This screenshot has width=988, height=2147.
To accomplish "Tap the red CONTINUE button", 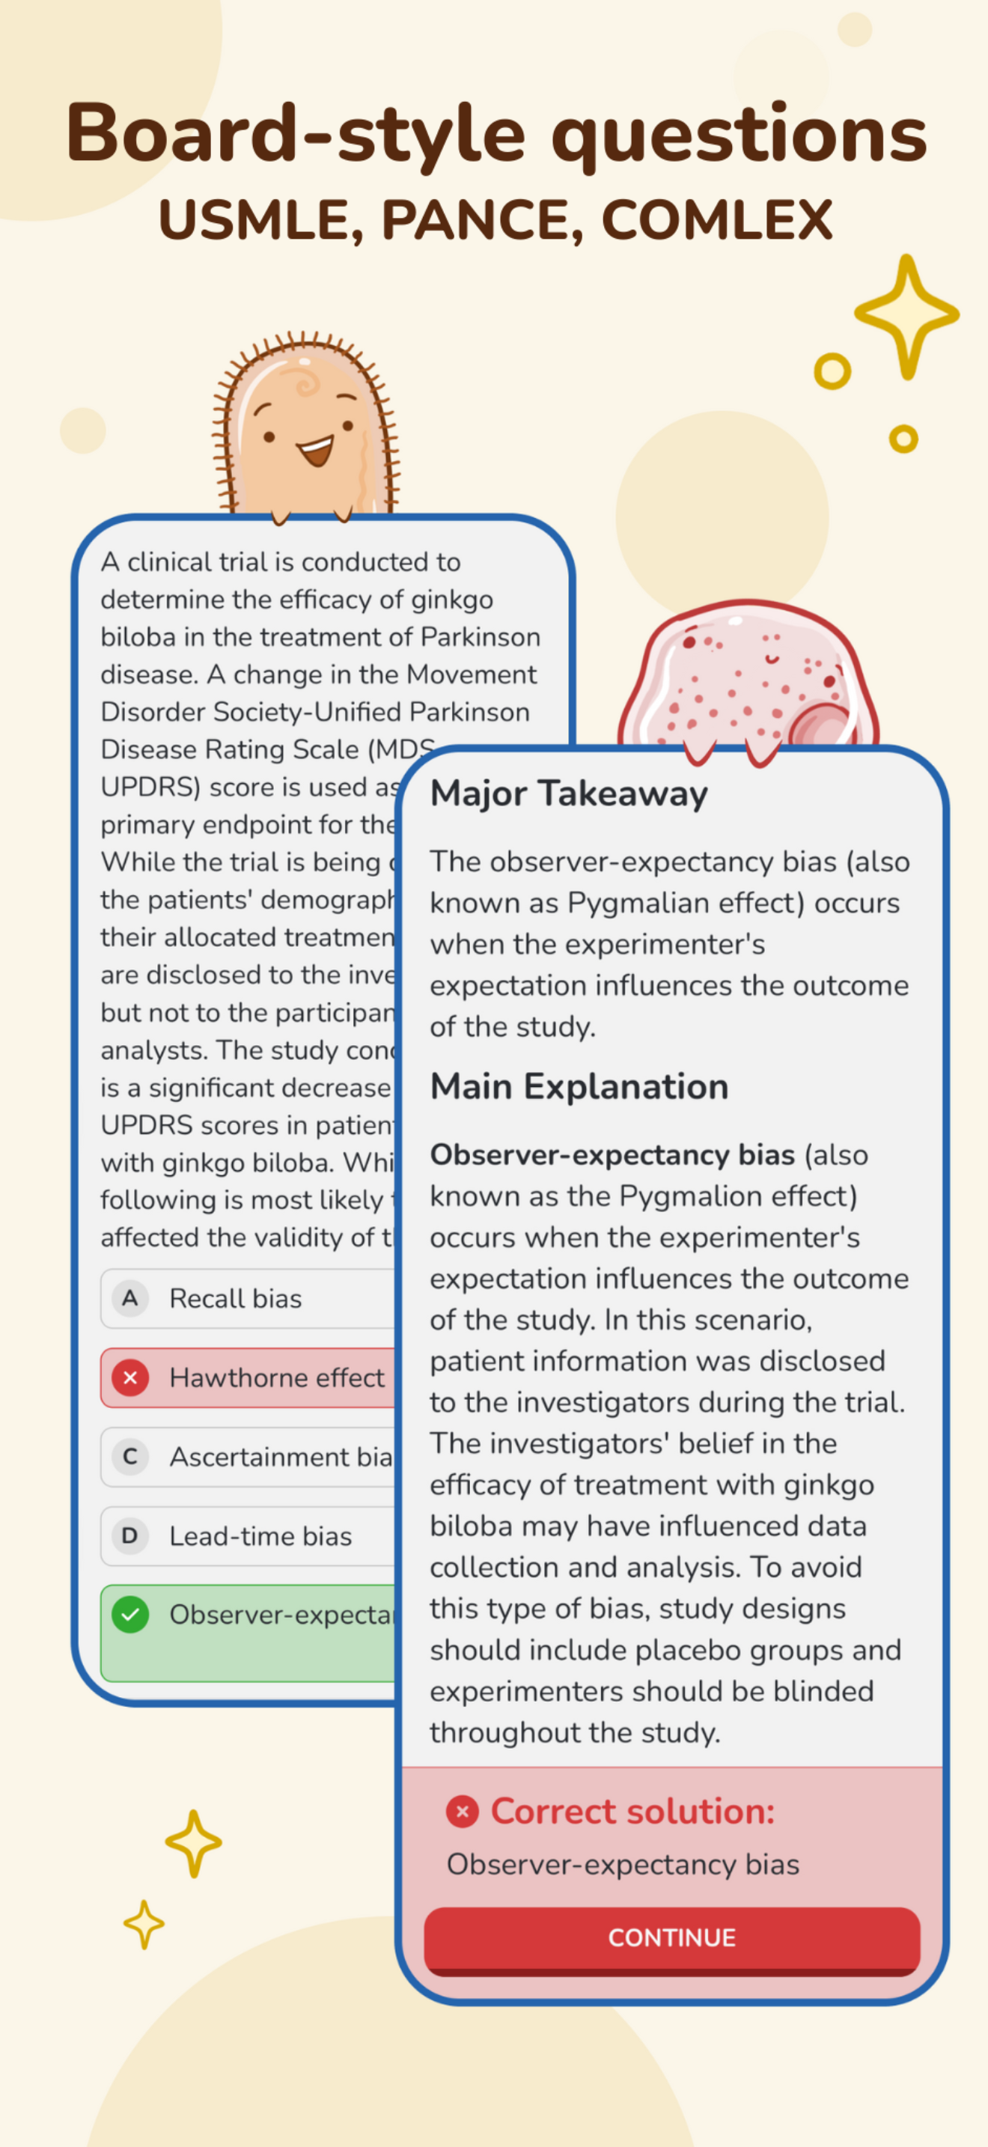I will point(671,1938).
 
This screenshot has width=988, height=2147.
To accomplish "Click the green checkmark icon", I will point(131,1615).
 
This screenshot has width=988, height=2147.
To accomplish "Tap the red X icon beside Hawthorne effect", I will point(131,1377).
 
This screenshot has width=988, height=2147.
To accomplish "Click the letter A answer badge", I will point(130,1299).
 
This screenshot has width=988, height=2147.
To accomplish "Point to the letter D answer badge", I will point(130,1536).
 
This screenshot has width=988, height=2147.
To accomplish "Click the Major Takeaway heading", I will point(569,794).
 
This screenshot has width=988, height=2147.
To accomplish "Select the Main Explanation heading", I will point(579,1087).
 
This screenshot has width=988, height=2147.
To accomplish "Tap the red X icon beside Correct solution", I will point(463,1811).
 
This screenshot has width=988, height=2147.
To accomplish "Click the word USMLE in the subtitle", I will point(260,221).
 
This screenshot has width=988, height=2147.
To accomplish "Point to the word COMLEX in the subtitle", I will point(716,221).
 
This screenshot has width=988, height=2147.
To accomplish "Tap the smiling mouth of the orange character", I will point(317,451).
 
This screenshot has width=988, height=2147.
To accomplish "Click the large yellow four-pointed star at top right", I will point(907,315).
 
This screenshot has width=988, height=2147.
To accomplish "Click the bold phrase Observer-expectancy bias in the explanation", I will point(612,1155).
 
